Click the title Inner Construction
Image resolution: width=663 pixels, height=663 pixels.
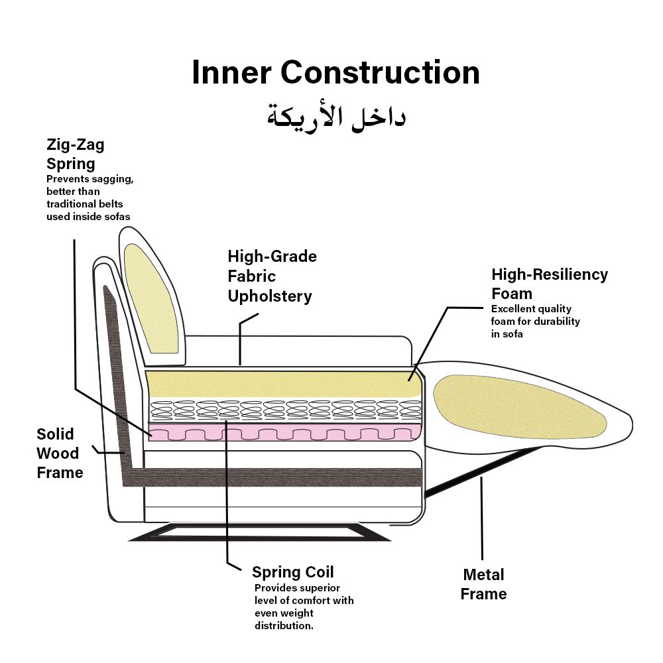[335, 72]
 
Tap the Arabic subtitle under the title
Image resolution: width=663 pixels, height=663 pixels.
[335, 117]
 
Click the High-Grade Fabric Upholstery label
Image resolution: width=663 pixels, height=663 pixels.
[272, 276]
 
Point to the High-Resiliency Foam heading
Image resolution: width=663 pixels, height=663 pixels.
[549, 283]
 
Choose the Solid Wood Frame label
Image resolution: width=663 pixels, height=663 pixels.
[60, 453]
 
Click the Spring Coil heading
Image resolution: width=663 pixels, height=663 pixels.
[292, 572]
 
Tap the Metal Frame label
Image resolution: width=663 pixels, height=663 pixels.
[484, 584]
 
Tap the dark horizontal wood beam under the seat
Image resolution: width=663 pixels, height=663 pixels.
[278, 477]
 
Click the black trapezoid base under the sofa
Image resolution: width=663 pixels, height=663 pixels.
[259, 532]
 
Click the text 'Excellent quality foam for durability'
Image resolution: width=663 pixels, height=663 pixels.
[536, 322]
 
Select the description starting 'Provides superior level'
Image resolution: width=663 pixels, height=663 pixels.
[304, 607]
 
